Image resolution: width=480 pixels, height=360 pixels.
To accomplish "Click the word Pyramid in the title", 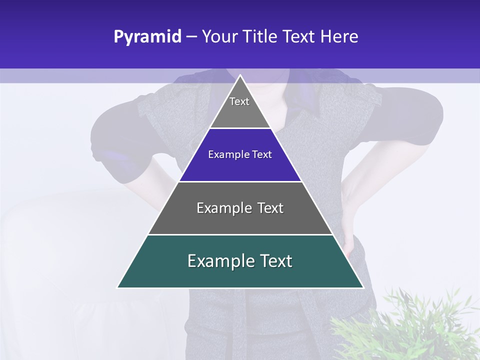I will [x=147, y=37].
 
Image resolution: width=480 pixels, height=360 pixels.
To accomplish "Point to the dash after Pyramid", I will [x=191, y=37].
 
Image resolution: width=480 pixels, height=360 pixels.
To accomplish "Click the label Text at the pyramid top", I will [x=239, y=101].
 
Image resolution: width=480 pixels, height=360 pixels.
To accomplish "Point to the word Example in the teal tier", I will [x=220, y=261].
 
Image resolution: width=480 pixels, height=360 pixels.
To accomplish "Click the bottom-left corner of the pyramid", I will [x=118, y=287].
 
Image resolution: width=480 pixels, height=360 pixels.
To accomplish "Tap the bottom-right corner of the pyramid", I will [x=363, y=287].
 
